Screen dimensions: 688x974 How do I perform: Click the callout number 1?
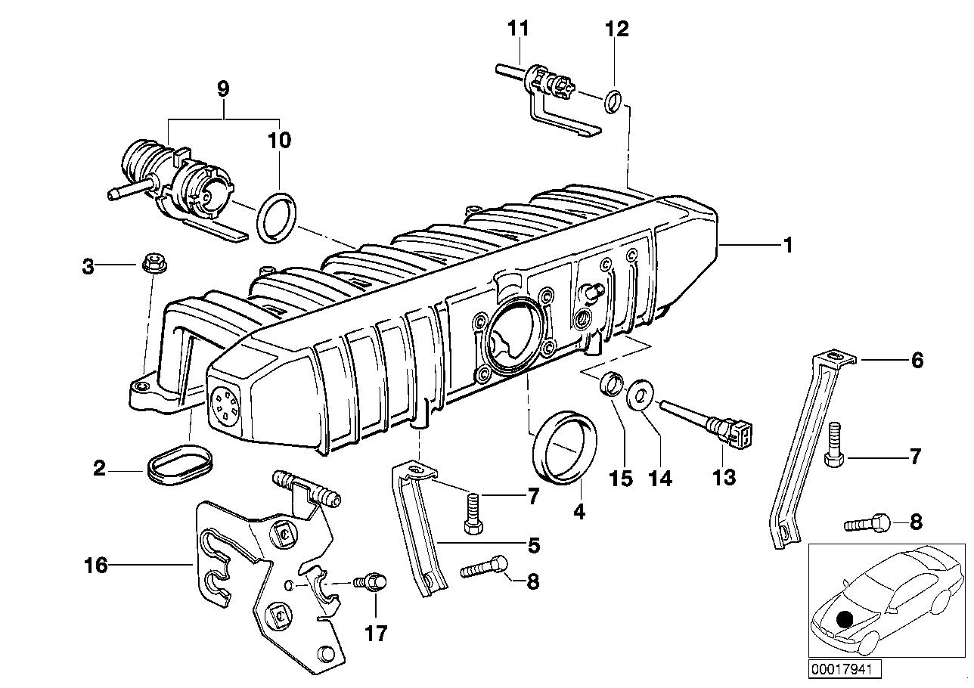point(787,246)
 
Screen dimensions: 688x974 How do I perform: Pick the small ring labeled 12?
point(615,99)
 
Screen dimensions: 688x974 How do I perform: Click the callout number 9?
point(223,89)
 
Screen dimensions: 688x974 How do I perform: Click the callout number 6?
point(917,361)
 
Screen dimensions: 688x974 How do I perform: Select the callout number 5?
point(532,544)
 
